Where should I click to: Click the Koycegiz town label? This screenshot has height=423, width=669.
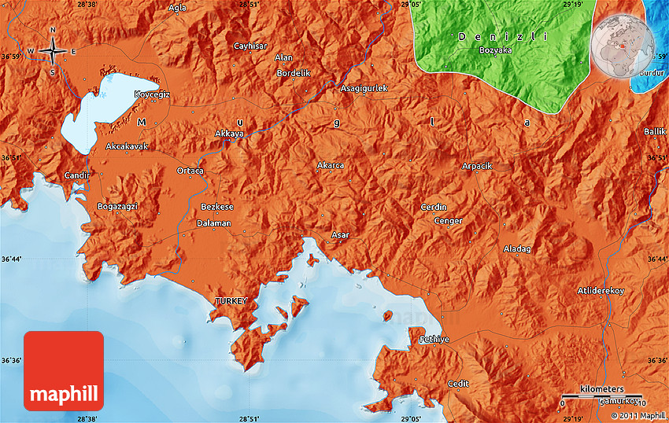(x=152, y=94)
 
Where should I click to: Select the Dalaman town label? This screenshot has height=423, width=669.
(x=214, y=223)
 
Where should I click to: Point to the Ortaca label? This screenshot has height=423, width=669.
(x=190, y=171)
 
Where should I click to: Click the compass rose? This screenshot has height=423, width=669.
(x=53, y=52)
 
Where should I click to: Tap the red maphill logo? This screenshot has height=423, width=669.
(x=64, y=371)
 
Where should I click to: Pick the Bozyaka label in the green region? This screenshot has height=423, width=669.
(x=495, y=50)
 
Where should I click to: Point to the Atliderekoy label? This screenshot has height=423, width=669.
(x=601, y=291)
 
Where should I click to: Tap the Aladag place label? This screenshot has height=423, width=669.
(x=517, y=249)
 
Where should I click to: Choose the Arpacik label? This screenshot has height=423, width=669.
(x=476, y=166)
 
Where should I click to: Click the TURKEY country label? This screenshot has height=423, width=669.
(x=231, y=301)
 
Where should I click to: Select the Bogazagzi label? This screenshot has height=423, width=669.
(x=116, y=206)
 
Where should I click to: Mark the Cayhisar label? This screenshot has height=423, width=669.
(x=251, y=46)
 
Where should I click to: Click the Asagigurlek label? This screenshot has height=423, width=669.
(x=364, y=88)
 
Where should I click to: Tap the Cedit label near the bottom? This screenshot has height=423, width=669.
(x=458, y=383)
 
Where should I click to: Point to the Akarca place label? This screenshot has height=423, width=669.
(x=330, y=165)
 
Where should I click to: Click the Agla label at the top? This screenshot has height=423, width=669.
(x=178, y=7)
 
